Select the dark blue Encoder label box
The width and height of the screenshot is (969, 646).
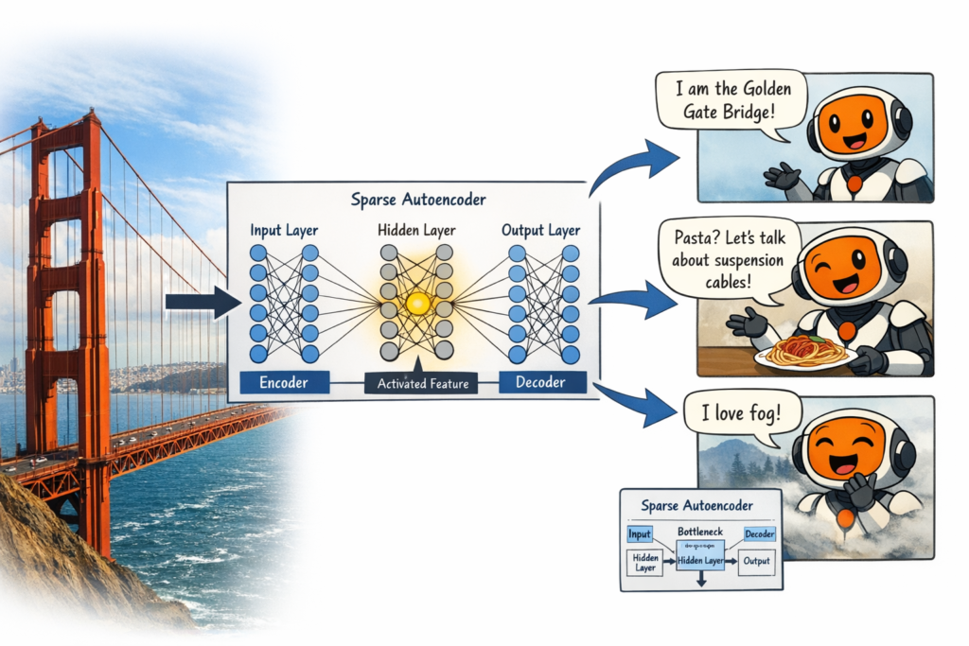(283, 382)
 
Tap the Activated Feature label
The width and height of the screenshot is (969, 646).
(422, 383)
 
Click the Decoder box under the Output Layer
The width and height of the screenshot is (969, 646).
(540, 382)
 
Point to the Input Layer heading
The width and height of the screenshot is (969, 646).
(284, 230)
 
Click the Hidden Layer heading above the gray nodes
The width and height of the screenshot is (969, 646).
(416, 230)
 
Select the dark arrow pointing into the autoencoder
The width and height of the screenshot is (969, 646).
(202, 303)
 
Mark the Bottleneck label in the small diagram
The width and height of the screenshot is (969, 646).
(699, 533)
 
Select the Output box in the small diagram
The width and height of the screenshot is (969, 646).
(757, 561)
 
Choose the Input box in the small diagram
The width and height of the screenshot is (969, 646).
(641, 534)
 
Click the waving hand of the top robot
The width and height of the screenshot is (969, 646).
(782, 176)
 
